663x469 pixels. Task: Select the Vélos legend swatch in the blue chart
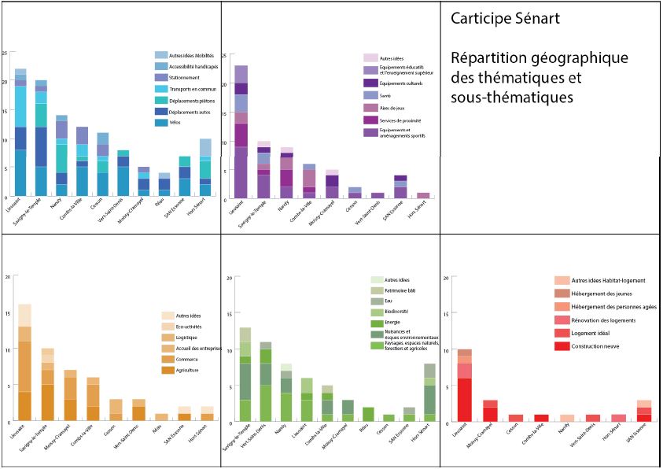point(161,122)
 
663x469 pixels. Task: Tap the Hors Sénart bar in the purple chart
point(423,195)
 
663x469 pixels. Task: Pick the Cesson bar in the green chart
point(388,418)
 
